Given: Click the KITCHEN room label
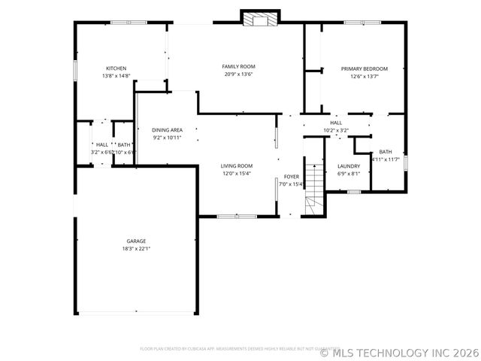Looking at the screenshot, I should point(116,68).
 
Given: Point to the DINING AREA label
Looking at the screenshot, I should point(167,130).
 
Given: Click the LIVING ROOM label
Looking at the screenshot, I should point(236,166).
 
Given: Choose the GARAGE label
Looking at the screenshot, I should point(136,241).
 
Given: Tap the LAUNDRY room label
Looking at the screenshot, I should point(349,166).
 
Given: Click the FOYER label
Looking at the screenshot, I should point(291,177).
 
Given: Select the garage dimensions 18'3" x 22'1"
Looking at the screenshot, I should point(136,249).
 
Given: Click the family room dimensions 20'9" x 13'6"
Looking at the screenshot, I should point(237,74).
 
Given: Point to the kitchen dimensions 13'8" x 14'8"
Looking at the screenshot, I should point(116,76).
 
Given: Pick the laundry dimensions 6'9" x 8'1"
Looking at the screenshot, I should point(349,174).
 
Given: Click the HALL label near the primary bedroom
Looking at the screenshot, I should point(336,123).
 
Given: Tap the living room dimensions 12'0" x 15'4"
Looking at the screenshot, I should point(236,174).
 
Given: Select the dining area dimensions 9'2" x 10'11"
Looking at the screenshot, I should point(167,138).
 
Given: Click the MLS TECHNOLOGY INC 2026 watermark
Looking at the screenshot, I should point(399,351).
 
